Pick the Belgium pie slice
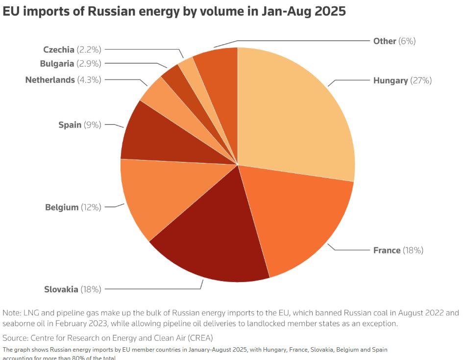point(157,196)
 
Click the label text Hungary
point(391,80)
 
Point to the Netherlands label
point(50,79)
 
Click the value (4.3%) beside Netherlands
point(89,79)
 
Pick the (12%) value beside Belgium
point(91,207)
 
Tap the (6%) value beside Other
point(407,41)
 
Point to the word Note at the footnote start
point(11,313)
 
